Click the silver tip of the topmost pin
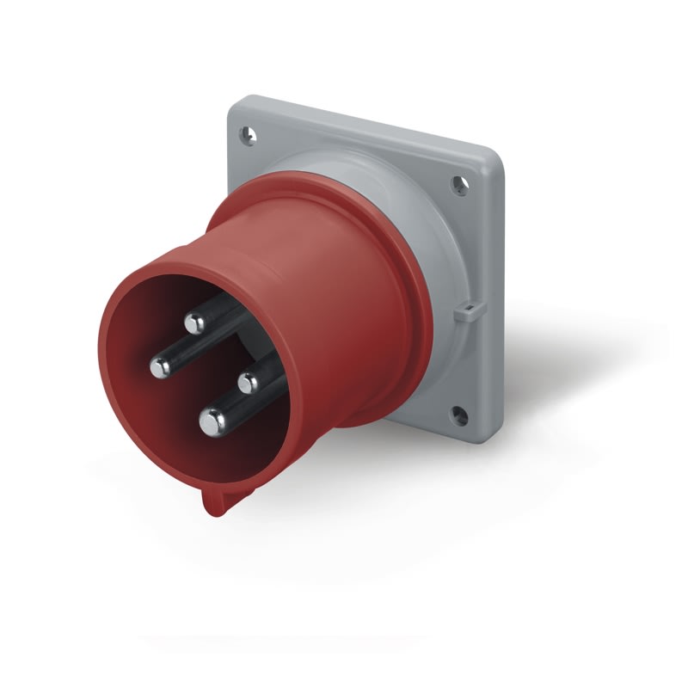coord(194,323)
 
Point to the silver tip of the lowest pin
coord(212,421)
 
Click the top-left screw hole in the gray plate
coord(249,134)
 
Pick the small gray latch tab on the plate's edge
coord(464,310)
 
